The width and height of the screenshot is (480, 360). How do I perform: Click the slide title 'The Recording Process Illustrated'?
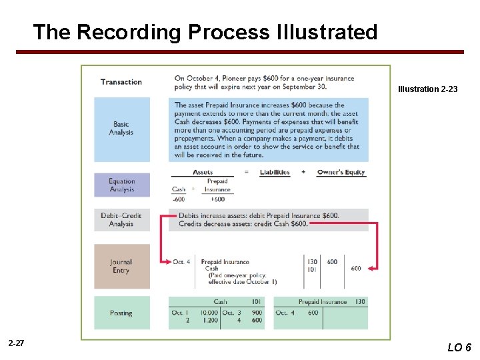(205, 32)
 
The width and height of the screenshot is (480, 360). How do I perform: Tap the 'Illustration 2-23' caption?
(427, 89)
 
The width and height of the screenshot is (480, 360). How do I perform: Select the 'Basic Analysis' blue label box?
(121, 129)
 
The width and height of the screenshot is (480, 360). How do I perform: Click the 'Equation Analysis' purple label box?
(121, 185)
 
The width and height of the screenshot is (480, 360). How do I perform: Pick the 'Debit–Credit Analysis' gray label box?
(121, 219)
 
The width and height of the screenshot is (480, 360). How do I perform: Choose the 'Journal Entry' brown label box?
(121, 266)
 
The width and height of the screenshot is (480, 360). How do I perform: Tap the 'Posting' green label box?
(121, 313)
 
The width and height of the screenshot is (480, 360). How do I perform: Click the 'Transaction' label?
(121, 82)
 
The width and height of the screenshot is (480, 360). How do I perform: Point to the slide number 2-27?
(16, 343)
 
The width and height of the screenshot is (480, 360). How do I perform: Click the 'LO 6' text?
(459, 347)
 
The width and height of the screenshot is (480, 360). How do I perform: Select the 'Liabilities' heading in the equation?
(275, 172)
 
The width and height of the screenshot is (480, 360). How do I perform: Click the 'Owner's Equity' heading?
(341, 172)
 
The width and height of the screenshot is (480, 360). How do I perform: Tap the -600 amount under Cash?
(179, 199)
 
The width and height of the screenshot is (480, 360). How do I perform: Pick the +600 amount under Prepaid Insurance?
(217, 199)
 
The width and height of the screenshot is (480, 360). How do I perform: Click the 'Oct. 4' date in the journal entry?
(181, 262)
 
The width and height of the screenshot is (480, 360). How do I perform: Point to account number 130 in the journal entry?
(312, 262)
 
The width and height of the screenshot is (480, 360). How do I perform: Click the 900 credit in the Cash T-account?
(257, 313)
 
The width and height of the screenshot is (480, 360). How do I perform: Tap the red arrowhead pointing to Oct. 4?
(164, 262)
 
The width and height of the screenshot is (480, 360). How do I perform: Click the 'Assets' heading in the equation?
(203, 172)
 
